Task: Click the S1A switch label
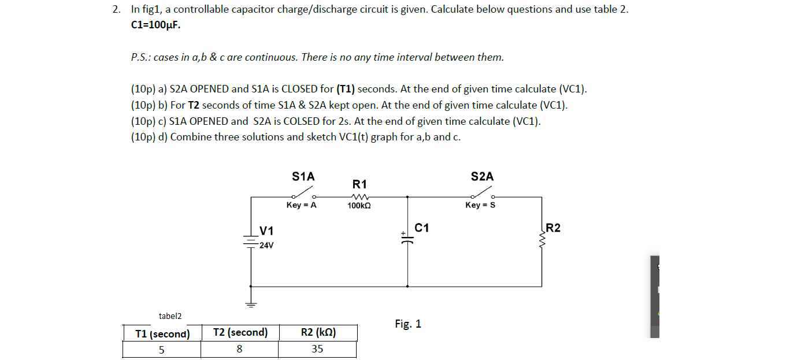click(x=303, y=177)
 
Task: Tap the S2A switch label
click(x=483, y=177)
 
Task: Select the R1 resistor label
click(x=359, y=184)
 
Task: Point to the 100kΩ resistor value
click(x=359, y=206)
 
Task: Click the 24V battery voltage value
click(x=266, y=246)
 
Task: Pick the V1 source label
click(x=266, y=231)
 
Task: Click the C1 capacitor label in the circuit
click(x=422, y=228)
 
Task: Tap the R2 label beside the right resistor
click(x=553, y=228)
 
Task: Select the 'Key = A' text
click(x=302, y=205)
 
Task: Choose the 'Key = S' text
click(x=480, y=205)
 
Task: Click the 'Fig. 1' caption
click(x=408, y=324)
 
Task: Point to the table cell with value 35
click(x=317, y=349)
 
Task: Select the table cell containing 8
click(x=239, y=349)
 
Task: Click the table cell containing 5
click(x=161, y=349)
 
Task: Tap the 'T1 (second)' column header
click(x=162, y=333)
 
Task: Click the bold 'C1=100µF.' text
click(x=152, y=25)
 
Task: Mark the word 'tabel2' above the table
click(x=170, y=316)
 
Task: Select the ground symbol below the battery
click(x=251, y=303)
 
